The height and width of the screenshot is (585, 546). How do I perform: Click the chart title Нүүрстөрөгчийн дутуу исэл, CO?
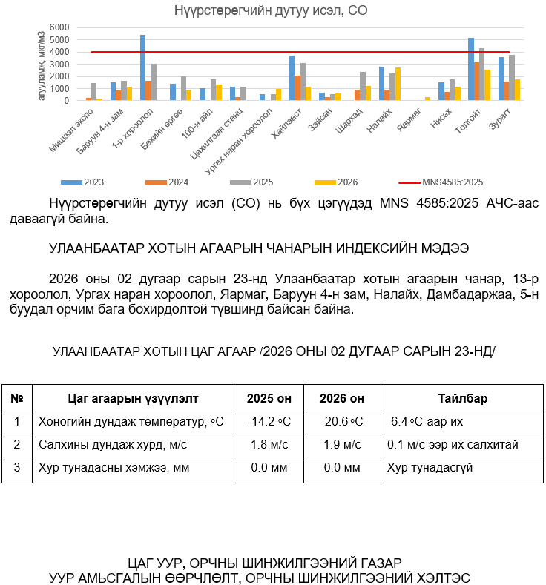coord(271,10)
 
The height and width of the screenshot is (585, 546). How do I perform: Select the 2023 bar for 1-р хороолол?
coord(142,67)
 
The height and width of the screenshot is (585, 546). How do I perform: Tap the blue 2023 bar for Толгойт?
coord(470,69)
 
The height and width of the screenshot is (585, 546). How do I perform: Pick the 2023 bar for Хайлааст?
coord(292,78)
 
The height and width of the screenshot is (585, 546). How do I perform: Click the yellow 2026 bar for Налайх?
coord(398,84)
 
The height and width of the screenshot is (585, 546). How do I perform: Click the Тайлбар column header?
coord(462,398)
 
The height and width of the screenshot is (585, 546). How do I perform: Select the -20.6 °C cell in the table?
coord(341,421)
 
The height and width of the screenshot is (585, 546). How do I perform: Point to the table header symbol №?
coord(16,398)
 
